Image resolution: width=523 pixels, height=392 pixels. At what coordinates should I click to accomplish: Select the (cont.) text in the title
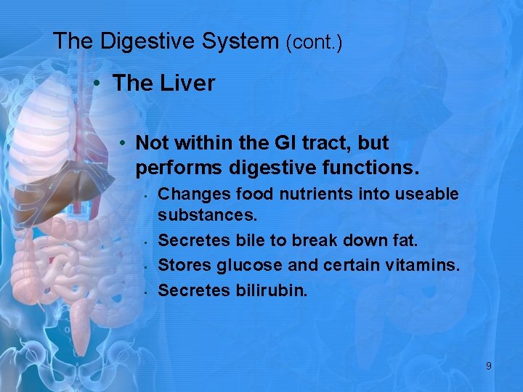(314, 43)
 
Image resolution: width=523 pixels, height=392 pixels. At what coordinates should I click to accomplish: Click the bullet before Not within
(125, 143)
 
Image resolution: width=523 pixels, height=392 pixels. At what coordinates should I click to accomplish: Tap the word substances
(201, 216)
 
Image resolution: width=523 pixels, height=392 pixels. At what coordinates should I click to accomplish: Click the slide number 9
(488, 367)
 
